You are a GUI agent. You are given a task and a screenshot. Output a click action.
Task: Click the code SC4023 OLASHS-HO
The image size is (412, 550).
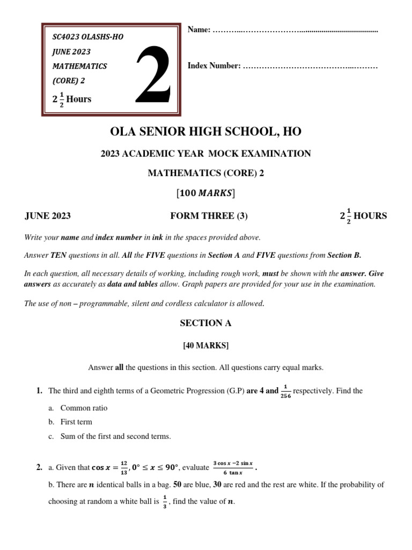[87, 37]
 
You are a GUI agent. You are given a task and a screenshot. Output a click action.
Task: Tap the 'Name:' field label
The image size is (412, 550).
[198, 30]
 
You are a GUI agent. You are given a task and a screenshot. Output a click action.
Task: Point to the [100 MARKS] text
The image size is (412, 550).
[206, 193]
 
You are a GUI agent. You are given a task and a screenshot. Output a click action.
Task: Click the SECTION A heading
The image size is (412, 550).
[205, 323]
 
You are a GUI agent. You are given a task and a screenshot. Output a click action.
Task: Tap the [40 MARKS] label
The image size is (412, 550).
[206, 346]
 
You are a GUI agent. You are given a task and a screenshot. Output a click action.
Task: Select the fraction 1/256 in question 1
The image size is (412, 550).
[285, 391]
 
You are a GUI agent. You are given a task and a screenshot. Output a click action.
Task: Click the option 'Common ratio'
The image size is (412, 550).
[84, 408]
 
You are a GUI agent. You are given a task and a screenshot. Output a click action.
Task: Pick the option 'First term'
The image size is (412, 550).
[76, 422]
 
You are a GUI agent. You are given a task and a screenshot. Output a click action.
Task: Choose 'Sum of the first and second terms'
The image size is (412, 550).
[115, 437]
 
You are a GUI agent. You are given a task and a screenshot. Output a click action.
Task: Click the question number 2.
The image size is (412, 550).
[39, 467]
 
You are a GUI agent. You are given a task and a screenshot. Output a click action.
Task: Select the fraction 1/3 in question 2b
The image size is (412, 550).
[165, 503]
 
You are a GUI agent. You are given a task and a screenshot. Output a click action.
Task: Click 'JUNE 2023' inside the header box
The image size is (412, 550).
[71, 52]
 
